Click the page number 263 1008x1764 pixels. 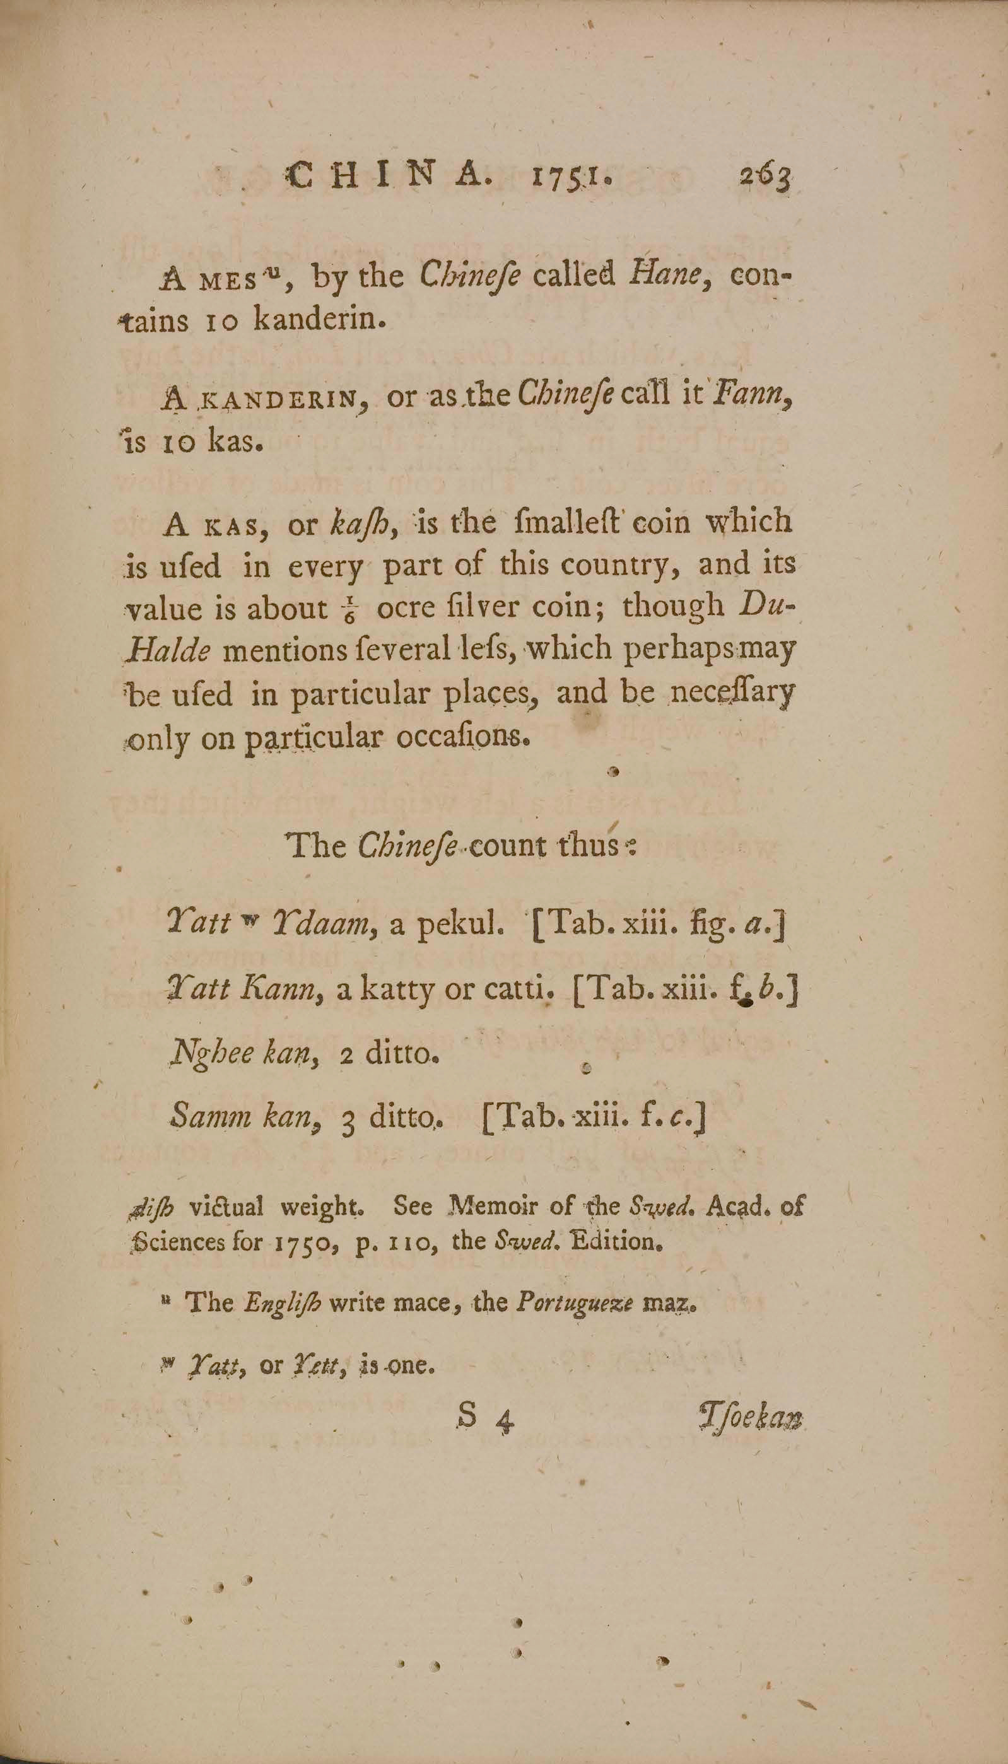[765, 180]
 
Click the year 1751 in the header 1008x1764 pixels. [571, 178]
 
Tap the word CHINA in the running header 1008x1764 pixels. [391, 177]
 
